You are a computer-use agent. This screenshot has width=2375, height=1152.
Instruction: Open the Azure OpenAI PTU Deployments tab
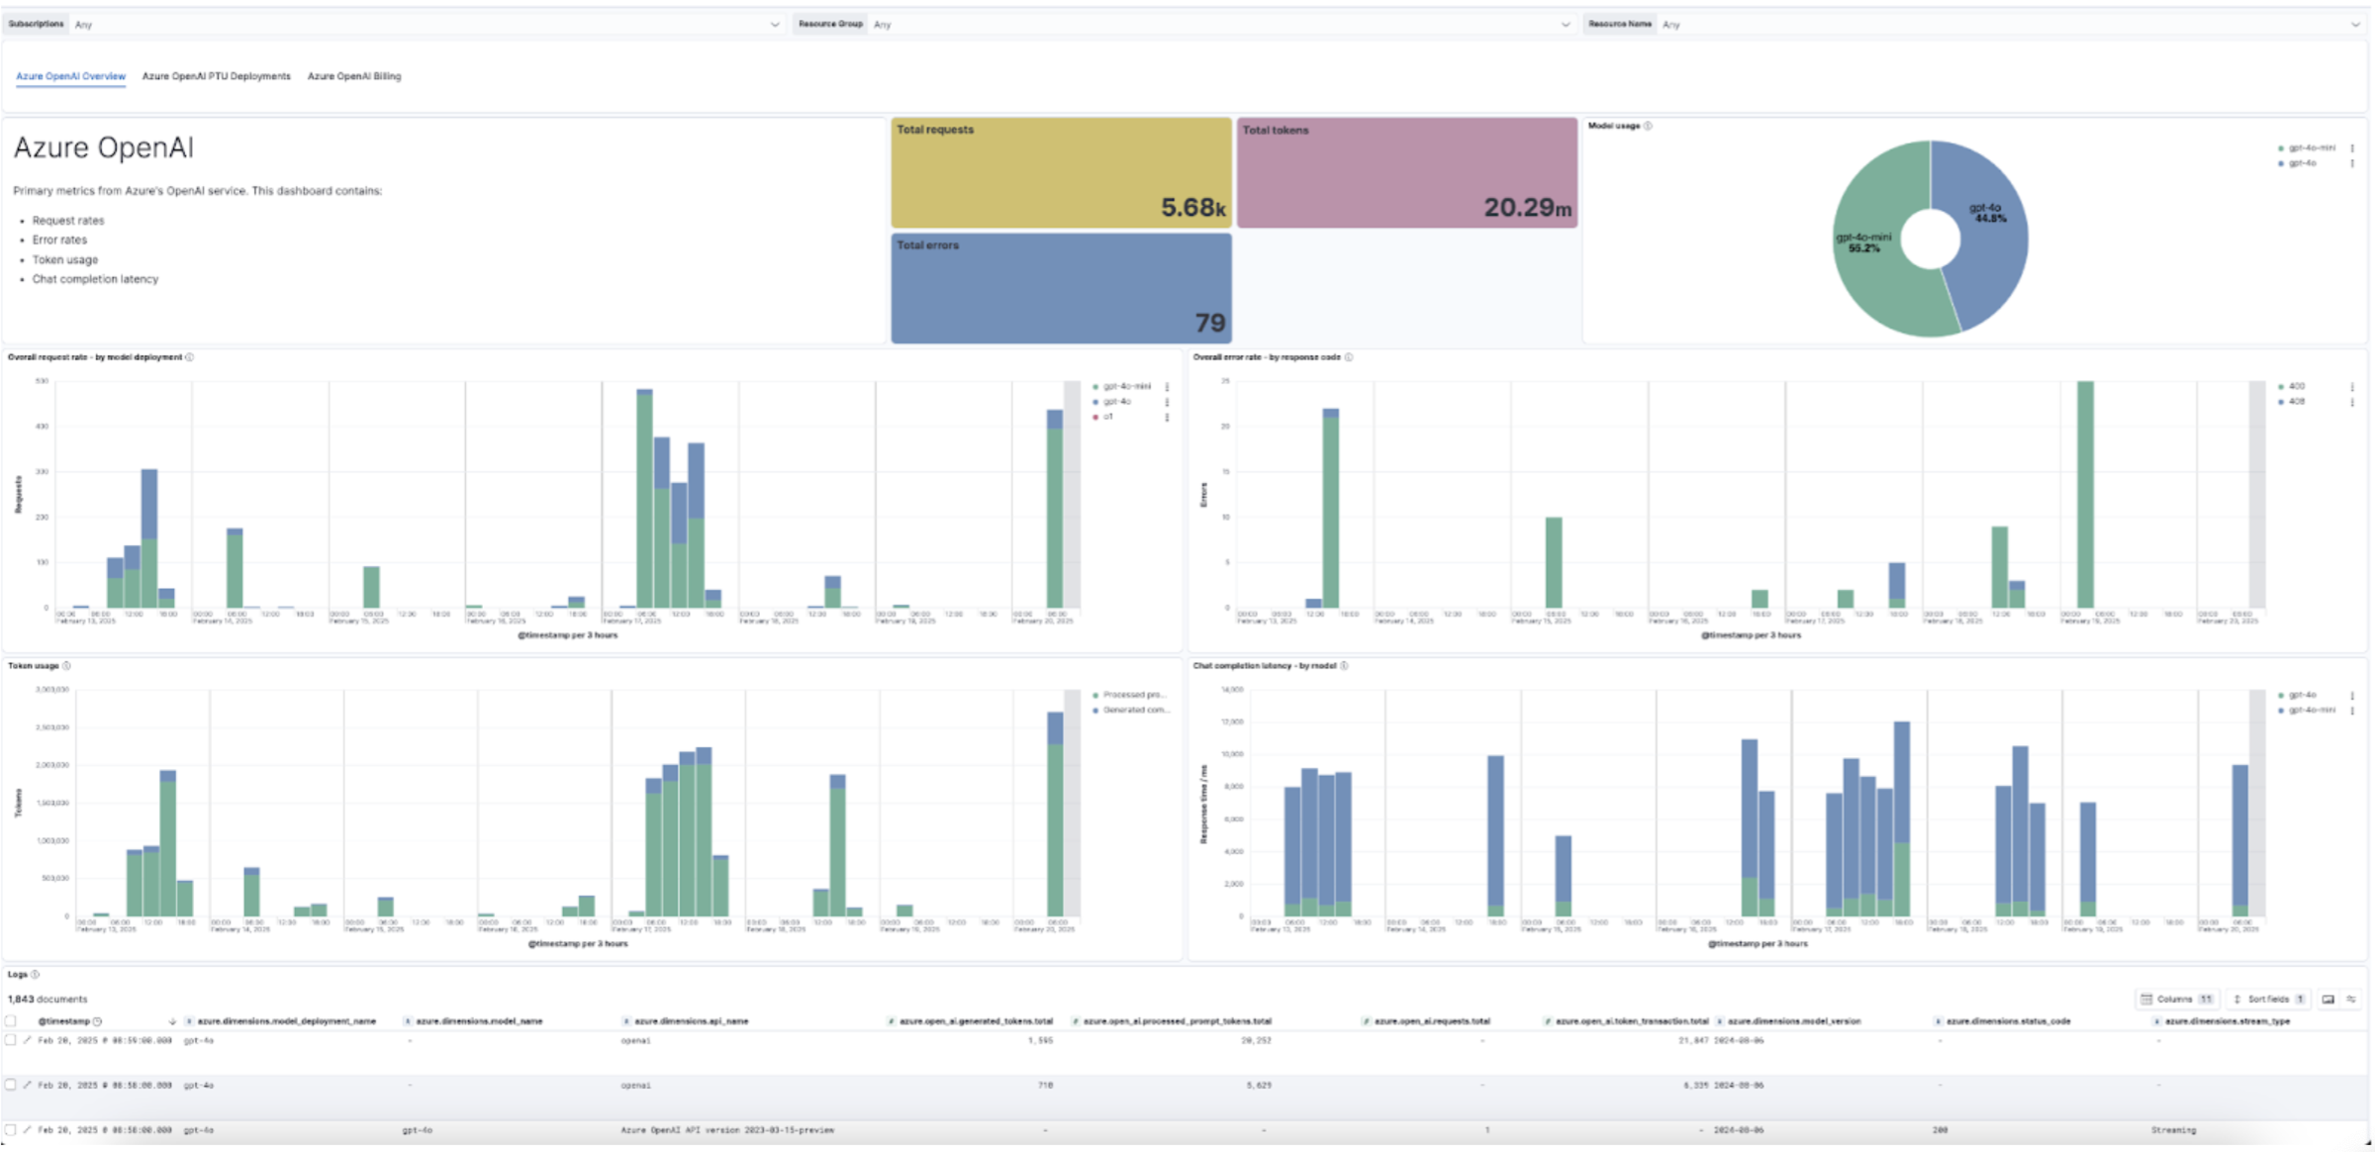[x=216, y=76]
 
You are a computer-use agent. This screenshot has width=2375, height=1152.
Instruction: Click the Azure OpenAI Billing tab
[x=353, y=76]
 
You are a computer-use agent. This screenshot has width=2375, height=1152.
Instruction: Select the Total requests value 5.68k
[x=1192, y=208]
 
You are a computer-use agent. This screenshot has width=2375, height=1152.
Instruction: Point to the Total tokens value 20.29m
[x=1526, y=208]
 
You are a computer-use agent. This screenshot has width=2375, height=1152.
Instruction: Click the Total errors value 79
[x=1209, y=323]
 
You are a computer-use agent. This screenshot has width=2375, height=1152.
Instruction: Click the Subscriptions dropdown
[x=426, y=24]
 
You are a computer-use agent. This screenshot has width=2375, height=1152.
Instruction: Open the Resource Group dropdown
[x=1217, y=24]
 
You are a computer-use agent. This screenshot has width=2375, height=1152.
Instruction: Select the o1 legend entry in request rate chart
[x=1108, y=417]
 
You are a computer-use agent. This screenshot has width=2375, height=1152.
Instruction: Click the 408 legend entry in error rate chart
[x=2296, y=402]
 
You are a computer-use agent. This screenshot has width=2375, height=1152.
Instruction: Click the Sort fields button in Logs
[x=2268, y=999]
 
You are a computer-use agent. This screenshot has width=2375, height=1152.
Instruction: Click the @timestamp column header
[x=64, y=1020]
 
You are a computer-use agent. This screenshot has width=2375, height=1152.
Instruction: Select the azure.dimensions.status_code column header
[x=2008, y=1020]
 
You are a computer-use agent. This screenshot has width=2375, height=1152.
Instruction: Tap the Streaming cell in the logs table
[x=2173, y=1129]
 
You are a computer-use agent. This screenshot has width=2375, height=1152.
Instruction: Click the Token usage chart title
[x=34, y=665]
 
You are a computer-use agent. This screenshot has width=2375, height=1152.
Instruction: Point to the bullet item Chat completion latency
[x=95, y=279]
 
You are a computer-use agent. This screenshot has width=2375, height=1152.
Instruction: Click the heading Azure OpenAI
[x=103, y=147]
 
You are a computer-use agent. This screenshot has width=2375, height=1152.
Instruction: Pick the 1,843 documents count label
[x=47, y=999]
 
